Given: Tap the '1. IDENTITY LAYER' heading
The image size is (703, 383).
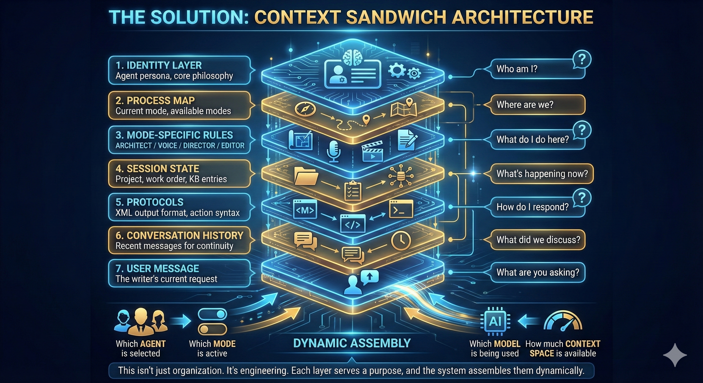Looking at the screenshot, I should point(159,65).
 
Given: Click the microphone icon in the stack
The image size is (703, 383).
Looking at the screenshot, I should point(334,151).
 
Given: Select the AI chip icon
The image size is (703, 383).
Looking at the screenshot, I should point(495,321).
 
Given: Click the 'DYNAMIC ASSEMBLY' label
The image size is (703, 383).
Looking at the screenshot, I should point(352,343).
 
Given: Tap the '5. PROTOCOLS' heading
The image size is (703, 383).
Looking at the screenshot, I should point(149,202).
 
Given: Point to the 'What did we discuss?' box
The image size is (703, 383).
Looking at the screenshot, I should point(538,240).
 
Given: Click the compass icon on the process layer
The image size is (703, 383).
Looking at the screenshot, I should point(305,109).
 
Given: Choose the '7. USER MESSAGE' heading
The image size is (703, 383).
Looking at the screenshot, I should point(157,269).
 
